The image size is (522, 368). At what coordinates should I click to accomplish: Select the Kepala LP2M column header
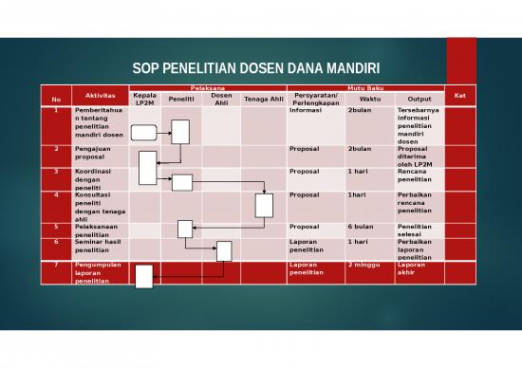coord(145,98)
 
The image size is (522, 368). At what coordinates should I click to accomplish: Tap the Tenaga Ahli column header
coord(263,99)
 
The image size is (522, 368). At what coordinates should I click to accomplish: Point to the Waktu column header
coord(370,99)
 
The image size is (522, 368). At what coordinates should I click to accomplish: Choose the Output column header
coord(419,99)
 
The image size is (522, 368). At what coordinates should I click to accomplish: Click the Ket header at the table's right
coord(460,95)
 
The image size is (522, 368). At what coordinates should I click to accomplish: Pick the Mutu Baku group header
coord(365,87)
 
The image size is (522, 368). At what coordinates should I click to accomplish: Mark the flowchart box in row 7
coord(144,276)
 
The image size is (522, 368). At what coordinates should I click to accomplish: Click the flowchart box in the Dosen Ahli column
coord(224,250)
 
